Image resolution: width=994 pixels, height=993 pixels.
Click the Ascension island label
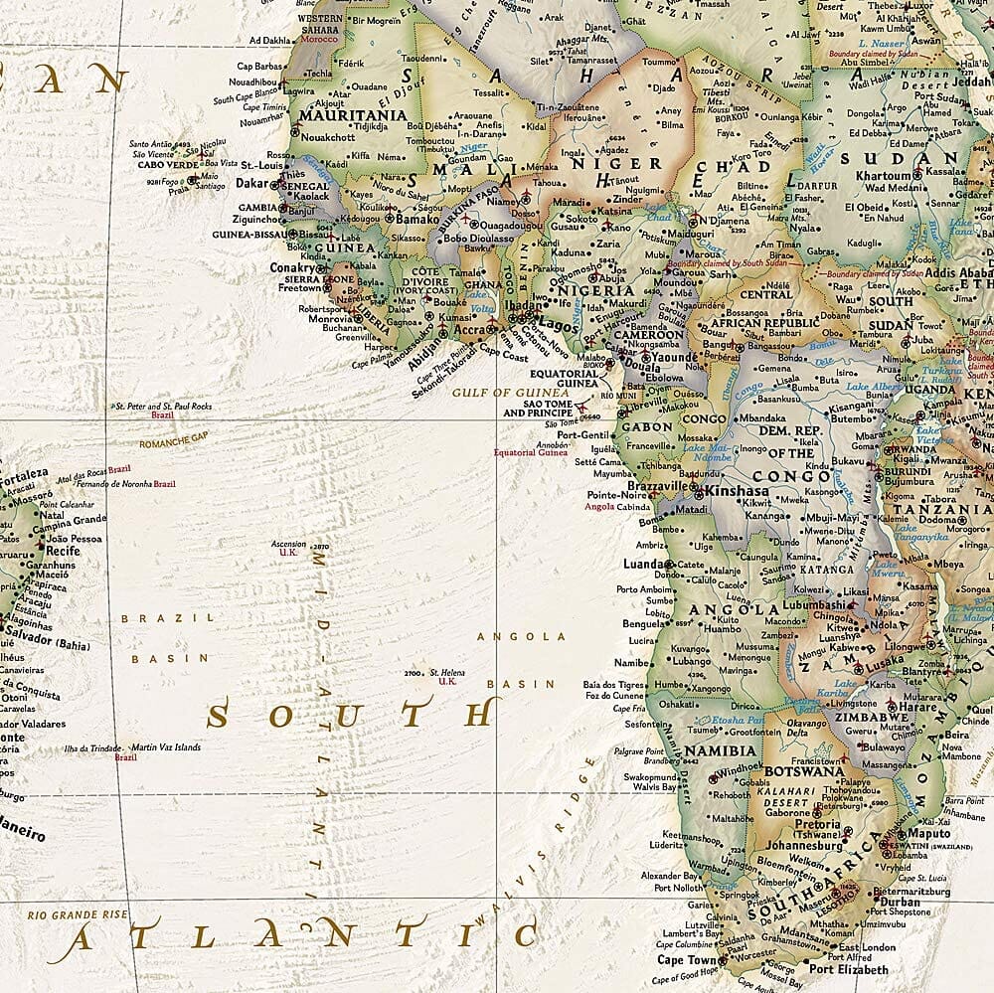(288, 545)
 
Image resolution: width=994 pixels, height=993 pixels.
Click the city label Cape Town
(685, 960)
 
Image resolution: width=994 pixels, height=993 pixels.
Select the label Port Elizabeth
(848, 969)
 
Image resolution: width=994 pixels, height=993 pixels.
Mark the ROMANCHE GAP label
(175, 443)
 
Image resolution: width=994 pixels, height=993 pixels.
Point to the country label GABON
(647, 427)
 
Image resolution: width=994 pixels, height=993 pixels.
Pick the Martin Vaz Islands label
(166, 747)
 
